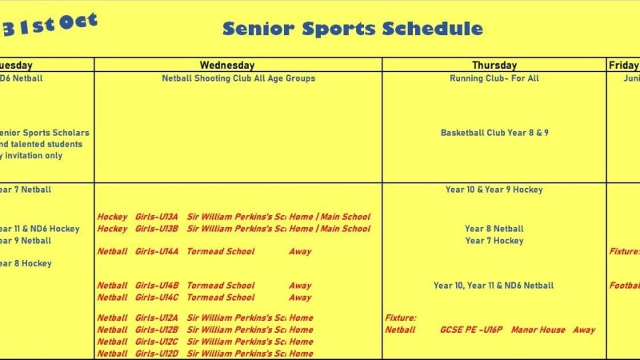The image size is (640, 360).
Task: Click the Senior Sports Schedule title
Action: click(x=352, y=30)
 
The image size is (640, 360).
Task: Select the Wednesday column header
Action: click(x=226, y=66)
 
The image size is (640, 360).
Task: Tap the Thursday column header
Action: click(x=494, y=66)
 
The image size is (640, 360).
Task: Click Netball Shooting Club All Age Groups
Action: click(x=238, y=78)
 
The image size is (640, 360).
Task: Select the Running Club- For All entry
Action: click(x=494, y=78)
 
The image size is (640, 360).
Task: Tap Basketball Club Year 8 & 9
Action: click(x=494, y=133)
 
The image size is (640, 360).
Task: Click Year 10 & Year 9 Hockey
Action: click(x=494, y=190)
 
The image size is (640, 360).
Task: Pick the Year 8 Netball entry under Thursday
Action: click(x=494, y=229)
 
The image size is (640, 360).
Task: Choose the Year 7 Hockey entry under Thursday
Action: click(x=494, y=241)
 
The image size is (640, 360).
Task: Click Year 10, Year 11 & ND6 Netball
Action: click(x=494, y=286)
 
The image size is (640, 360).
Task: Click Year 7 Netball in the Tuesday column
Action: click(x=24, y=190)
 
